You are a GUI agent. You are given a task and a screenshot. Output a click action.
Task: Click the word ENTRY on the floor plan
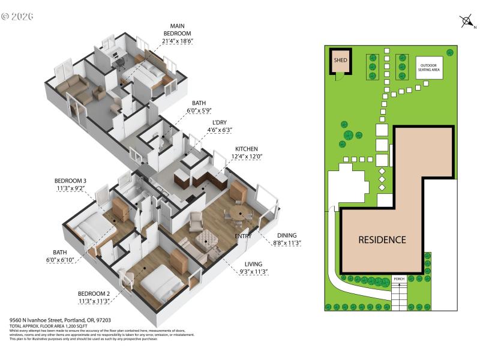click(x=243, y=236)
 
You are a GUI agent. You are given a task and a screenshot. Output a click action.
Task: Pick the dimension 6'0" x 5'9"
click(x=199, y=111)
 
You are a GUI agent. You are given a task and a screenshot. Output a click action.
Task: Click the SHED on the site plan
click(x=340, y=61)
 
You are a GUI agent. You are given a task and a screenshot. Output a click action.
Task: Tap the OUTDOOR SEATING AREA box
click(x=430, y=67)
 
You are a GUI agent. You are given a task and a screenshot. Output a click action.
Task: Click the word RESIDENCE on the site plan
click(x=382, y=239)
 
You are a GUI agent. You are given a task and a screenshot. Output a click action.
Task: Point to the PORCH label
click(x=399, y=279)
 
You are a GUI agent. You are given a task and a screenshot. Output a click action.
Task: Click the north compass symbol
click(x=466, y=22)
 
